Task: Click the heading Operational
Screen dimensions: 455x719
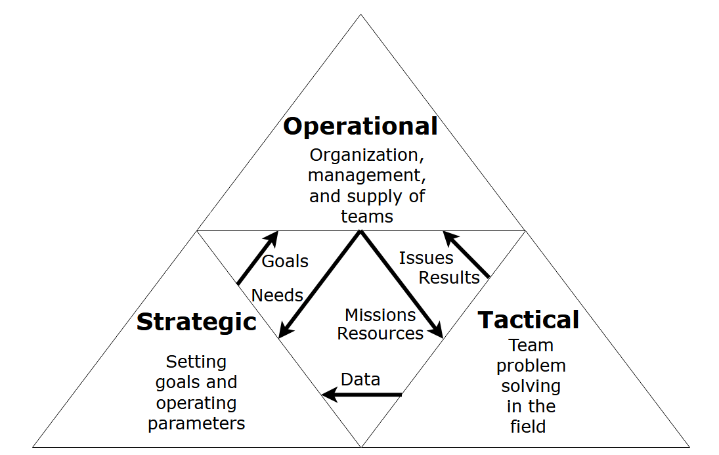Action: (x=360, y=126)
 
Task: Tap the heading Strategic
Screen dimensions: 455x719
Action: (x=196, y=322)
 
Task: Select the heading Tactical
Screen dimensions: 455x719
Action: (x=529, y=320)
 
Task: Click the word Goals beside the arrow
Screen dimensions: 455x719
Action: (x=285, y=261)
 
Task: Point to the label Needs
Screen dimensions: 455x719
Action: (x=277, y=295)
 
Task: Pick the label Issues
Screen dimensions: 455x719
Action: (x=426, y=258)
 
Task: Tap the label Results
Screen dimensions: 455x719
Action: (x=449, y=278)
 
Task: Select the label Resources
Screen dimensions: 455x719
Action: (x=380, y=334)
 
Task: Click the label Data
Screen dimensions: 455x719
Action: (x=360, y=379)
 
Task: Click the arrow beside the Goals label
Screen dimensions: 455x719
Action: (x=257, y=258)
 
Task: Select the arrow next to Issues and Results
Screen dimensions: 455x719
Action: (x=466, y=253)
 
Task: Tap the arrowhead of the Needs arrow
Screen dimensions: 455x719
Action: (x=284, y=332)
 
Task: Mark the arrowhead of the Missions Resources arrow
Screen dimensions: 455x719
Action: (x=437, y=332)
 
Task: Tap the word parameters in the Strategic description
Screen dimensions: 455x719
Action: (x=196, y=423)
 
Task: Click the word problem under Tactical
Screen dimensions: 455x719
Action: (x=531, y=365)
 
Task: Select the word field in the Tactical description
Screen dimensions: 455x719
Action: (x=528, y=426)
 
